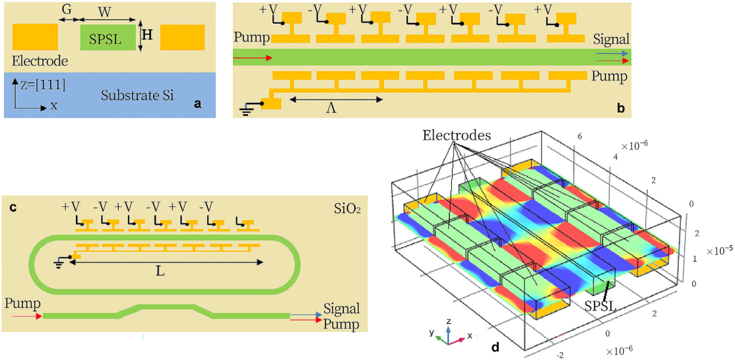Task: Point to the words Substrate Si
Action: click(x=137, y=96)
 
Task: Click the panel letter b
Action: click(x=621, y=105)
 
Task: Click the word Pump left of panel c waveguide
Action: click(x=20, y=305)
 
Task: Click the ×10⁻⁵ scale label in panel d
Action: click(x=719, y=251)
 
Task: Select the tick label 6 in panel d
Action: click(x=579, y=135)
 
